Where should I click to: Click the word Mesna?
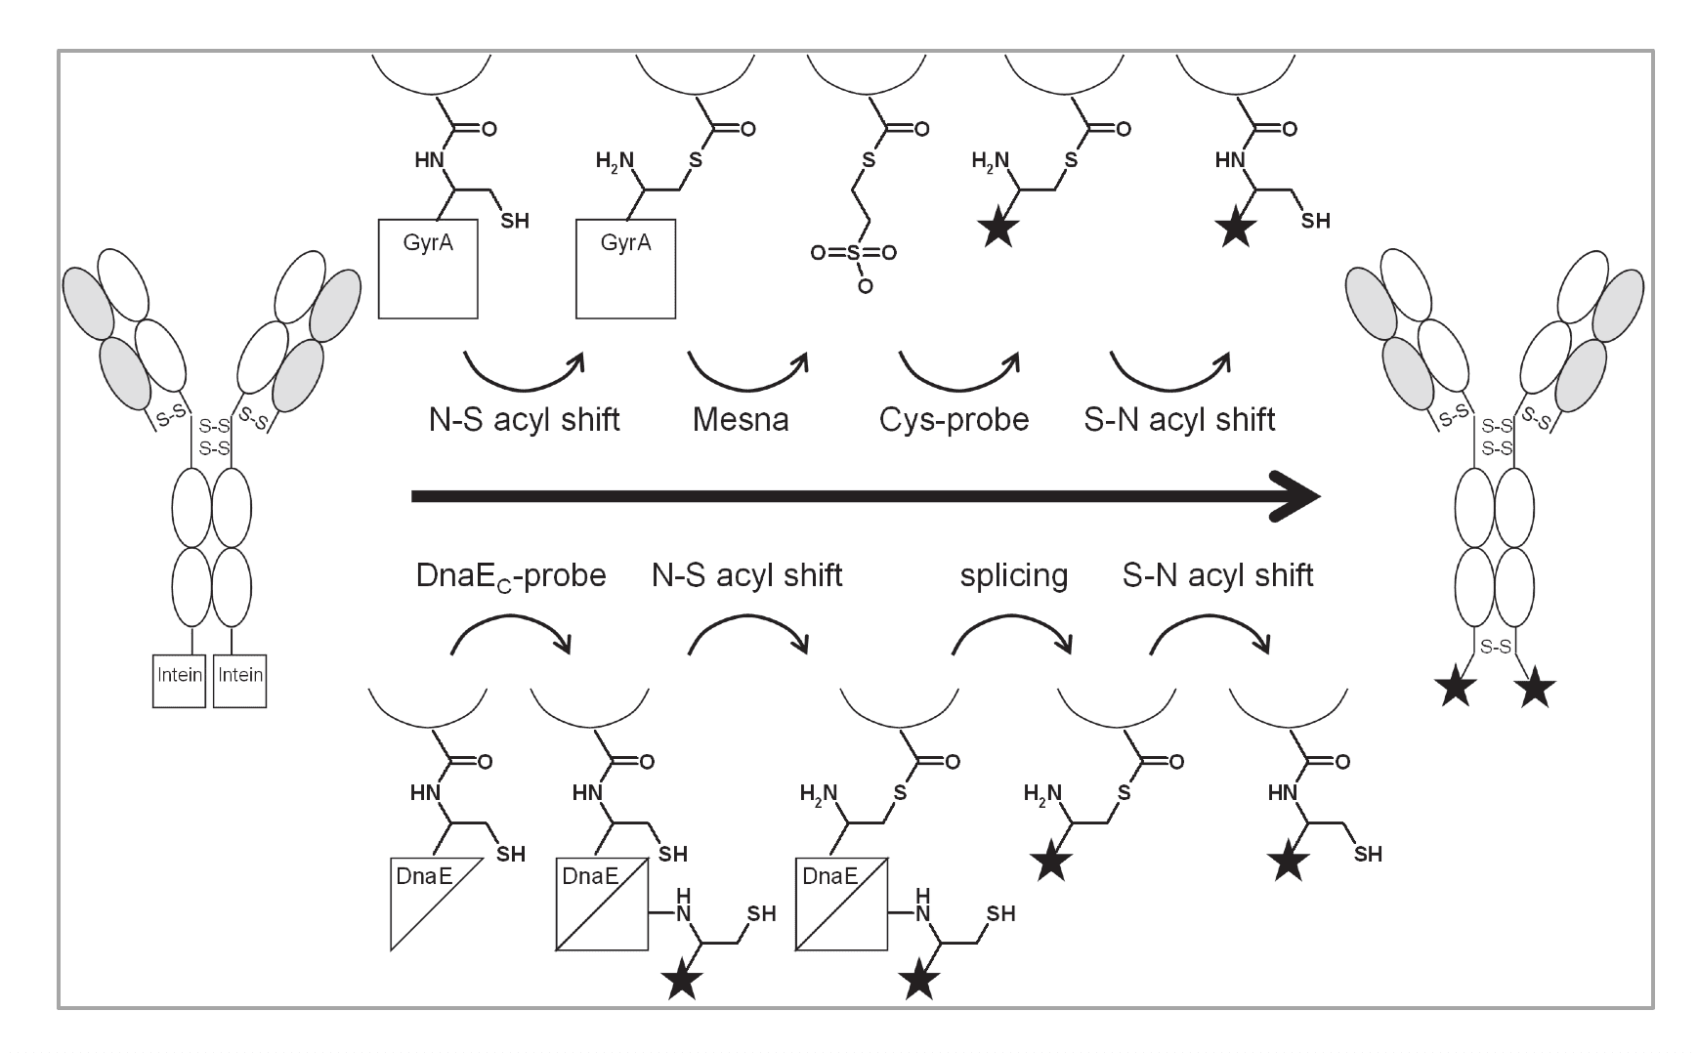pos(740,419)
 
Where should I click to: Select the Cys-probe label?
pos(954,419)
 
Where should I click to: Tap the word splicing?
pos(1013,575)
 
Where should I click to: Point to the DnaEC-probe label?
pos(511,575)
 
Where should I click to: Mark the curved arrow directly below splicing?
pos(1012,633)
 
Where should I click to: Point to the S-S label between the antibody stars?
pos(1496,647)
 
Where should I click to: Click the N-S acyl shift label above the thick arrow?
pos(525,419)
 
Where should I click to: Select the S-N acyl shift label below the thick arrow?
pos(1217,575)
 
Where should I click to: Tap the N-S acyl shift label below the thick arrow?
pos(746,575)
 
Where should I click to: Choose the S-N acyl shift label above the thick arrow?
pos(1179,419)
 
